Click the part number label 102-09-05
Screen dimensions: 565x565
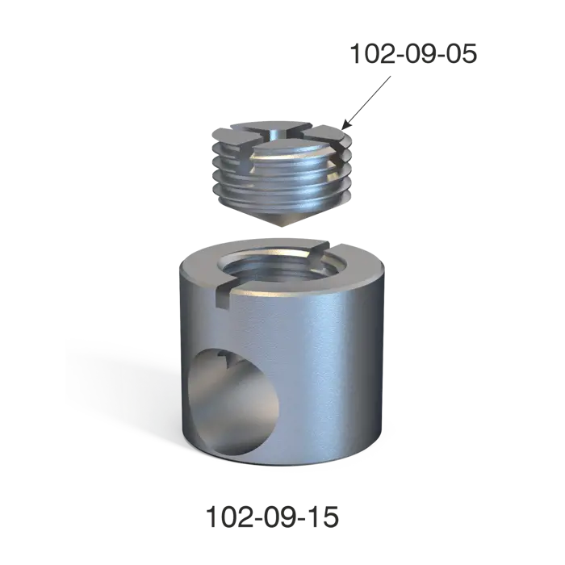[x=413, y=54]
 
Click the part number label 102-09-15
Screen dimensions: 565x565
[x=272, y=517]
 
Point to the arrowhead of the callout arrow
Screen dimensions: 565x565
[x=345, y=125]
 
